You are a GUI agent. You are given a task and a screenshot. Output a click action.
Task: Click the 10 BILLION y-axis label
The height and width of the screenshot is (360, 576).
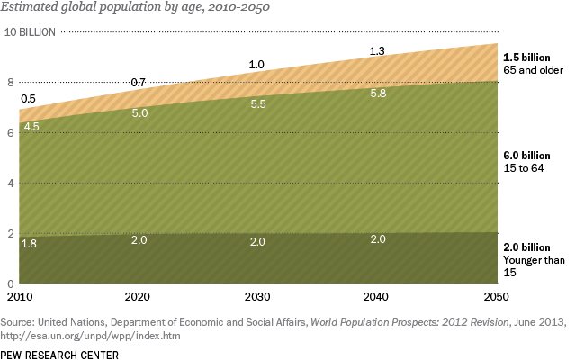tap(30, 32)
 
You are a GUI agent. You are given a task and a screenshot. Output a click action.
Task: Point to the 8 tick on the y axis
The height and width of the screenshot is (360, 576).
tap(11, 82)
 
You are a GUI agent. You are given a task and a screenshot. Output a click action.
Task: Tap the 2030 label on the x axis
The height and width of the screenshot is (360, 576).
tap(257, 296)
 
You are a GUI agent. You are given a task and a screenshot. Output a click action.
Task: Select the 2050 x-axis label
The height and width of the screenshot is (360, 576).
tap(496, 296)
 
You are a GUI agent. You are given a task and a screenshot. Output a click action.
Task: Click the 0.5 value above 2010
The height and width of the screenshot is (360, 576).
tap(28, 99)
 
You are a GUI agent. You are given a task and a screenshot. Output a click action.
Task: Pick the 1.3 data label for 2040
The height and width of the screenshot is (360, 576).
tap(377, 51)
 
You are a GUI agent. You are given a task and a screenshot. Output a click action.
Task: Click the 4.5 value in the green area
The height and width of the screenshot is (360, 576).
tap(31, 127)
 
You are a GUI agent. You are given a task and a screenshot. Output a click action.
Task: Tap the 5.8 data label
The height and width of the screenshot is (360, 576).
tap(378, 94)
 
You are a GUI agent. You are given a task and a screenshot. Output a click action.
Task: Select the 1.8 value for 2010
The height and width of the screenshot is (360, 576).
tap(29, 244)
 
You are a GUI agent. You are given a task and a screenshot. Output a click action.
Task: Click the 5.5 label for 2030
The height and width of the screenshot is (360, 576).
tap(258, 104)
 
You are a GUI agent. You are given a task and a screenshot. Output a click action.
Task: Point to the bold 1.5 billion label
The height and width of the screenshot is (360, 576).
tap(526, 58)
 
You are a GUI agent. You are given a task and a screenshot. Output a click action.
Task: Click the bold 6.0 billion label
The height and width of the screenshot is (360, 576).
tap(526, 156)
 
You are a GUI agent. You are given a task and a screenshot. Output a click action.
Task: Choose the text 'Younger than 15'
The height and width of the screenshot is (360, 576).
tap(534, 266)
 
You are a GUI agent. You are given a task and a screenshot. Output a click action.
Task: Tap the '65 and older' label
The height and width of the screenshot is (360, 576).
tap(533, 70)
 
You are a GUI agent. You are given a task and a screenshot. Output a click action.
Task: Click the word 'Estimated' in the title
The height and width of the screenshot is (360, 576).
tap(29, 7)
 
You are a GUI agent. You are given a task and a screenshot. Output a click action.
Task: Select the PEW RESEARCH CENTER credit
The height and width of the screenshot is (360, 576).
tap(59, 355)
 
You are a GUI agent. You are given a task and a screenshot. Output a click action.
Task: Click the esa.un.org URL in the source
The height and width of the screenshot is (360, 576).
tap(90, 336)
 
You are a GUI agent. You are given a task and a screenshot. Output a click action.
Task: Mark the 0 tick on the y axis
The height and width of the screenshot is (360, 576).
tap(10, 283)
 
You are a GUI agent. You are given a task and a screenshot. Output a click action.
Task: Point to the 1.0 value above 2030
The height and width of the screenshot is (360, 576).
tap(256, 65)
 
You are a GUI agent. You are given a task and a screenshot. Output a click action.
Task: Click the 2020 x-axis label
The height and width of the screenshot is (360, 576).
tap(138, 296)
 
